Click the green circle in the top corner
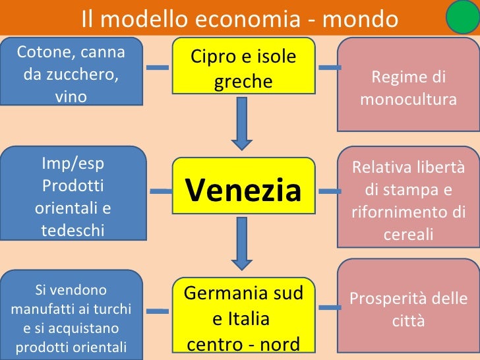463,17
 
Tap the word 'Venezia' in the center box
243,190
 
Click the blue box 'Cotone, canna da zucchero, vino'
71,73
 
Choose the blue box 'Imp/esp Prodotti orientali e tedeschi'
73,196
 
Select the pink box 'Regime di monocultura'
408,88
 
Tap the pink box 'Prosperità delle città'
408,309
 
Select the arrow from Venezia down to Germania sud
242,249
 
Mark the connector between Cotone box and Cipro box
157,67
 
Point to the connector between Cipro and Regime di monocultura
329,67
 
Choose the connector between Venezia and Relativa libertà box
329,192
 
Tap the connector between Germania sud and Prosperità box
329,309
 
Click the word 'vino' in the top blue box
71,96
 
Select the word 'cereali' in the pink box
408,234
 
